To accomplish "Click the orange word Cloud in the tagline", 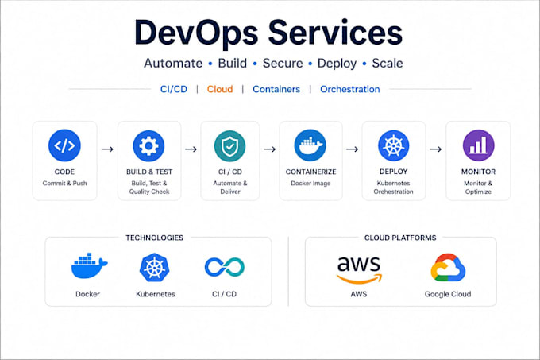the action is (x=220, y=89).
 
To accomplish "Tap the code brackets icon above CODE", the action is (x=64, y=145).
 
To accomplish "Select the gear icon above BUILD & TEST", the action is (x=148, y=146).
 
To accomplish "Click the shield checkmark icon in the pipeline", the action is (x=229, y=146).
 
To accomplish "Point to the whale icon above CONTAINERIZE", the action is (x=310, y=145).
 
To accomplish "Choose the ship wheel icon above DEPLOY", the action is (x=394, y=146).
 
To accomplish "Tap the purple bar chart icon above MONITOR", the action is (x=478, y=145).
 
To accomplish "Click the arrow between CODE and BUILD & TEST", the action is (x=107, y=149).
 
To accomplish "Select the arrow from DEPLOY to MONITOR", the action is (x=436, y=149).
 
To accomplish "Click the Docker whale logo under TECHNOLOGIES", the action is (x=89, y=265).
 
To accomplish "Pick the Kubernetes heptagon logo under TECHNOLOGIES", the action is (x=155, y=267).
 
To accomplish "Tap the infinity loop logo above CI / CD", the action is (x=225, y=267).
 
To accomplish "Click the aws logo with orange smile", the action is (x=359, y=270).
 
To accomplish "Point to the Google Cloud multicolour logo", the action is (x=448, y=268).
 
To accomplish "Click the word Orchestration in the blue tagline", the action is (x=350, y=89).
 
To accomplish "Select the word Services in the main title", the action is (x=335, y=33).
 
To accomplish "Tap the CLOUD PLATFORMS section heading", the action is (x=400, y=238).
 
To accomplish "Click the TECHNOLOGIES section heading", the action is (x=154, y=238).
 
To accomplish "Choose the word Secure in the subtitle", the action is (x=283, y=64).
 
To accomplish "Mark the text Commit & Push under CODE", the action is (x=65, y=184).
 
